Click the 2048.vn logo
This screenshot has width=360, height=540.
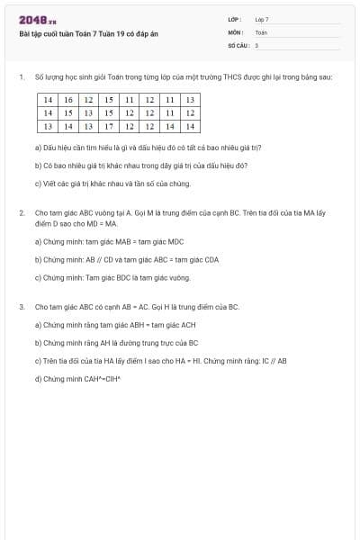38,20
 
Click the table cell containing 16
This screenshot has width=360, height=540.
68,100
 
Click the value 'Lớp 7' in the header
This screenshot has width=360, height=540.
262,19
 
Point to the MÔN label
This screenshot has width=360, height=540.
235,31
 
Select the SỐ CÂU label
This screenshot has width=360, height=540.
237,44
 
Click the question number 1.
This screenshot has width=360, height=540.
21,77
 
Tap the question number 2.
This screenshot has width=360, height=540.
21,212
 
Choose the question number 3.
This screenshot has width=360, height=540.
21,307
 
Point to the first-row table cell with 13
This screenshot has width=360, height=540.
190,100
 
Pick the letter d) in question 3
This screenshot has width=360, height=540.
38,379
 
